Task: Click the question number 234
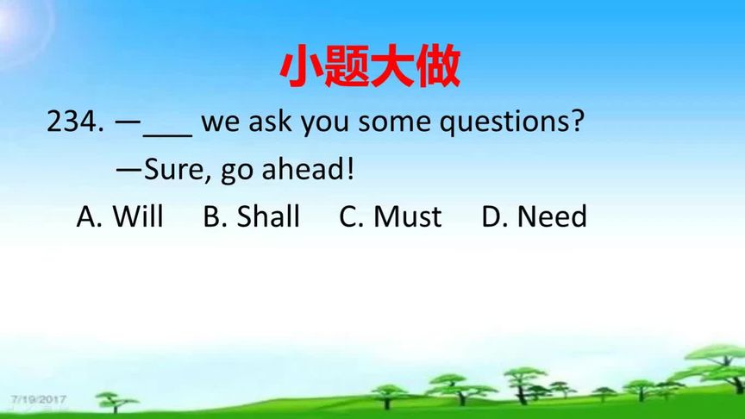point(75,122)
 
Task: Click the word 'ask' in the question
point(271,122)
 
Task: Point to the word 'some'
point(395,122)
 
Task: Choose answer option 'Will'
point(138,216)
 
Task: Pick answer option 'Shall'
point(268,216)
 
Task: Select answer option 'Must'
point(408,216)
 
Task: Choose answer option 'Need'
point(552,216)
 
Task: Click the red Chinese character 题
point(346,66)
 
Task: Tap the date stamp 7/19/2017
point(39,399)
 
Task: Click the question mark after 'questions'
point(576,121)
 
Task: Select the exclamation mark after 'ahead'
point(350,169)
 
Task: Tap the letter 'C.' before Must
point(351,216)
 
